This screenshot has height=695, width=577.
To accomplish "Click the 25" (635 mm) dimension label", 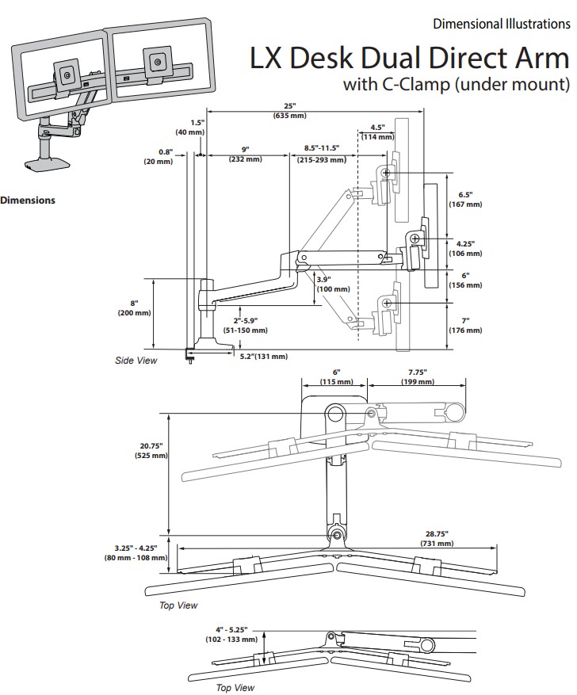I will coord(290,111).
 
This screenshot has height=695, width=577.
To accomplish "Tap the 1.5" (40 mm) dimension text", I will coord(197,127).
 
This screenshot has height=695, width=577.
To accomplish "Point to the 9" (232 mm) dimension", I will coord(246,154).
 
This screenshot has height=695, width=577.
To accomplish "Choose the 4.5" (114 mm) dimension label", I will coord(377,132).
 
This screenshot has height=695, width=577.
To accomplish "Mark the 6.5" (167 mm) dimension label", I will coord(466,199).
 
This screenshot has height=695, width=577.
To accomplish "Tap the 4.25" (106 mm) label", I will coord(466,248).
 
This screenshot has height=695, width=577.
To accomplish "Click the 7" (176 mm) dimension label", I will coord(466,326).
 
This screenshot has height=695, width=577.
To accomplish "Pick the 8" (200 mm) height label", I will coord(135,307).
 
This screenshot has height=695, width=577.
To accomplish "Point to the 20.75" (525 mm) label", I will coord(149,451).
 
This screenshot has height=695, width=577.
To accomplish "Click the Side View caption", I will coord(136,361).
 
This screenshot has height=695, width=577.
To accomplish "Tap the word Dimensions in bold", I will coord(28,200).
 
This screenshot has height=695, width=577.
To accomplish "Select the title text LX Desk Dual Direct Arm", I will coord(409,59).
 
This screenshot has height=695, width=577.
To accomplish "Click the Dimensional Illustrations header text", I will coord(501,24).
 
